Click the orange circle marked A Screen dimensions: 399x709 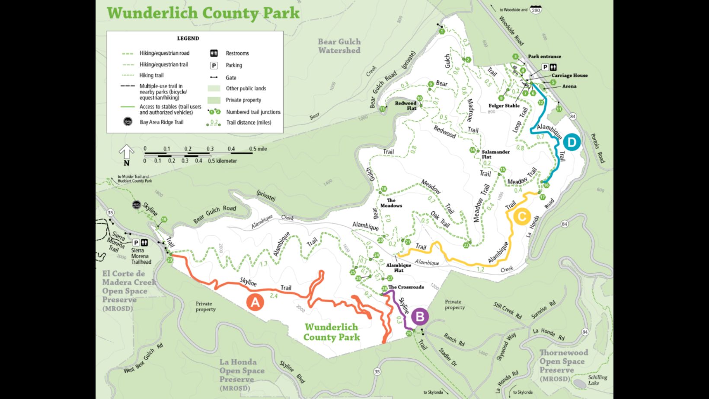click(x=255, y=302)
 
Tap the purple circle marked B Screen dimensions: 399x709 click(x=419, y=317)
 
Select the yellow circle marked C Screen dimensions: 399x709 click(x=522, y=216)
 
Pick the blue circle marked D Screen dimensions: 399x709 click(x=572, y=142)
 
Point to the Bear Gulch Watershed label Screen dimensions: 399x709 click(x=339, y=46)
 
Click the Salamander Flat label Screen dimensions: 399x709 click(x=495, y=154)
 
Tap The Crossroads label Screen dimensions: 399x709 click(x=406, y=287)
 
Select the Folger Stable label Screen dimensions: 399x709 click(x=504, y=106)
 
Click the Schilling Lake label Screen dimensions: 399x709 click(x=597, y=380)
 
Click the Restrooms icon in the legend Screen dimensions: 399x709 click(x=214, y=53)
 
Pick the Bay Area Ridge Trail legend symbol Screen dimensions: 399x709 click(x=128, y=122)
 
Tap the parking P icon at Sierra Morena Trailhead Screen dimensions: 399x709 click(x=136, y=243)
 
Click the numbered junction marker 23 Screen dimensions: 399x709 click(x=169, y=260)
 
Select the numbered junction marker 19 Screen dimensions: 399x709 click(x=164, y=220)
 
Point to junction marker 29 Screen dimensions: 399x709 click(x=409, y=333)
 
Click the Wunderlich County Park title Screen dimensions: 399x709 click(x=203, y=13)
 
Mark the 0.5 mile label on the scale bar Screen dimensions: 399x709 click(x=258, y=149)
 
